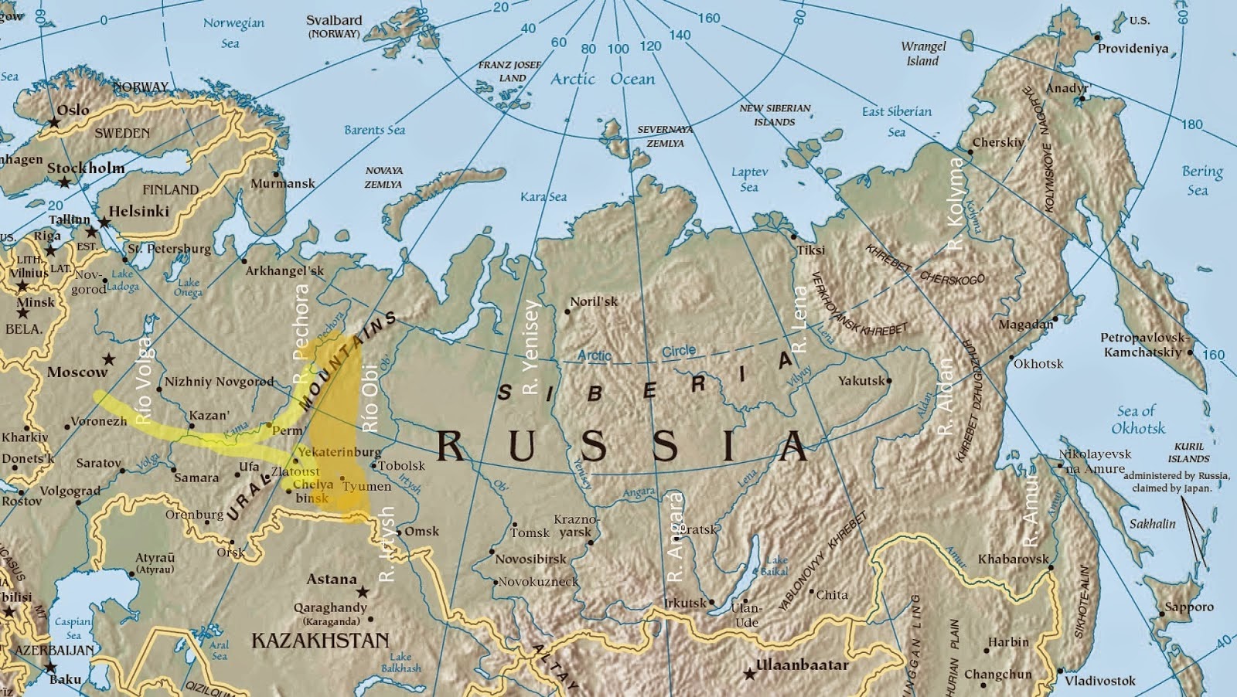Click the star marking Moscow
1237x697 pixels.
109,359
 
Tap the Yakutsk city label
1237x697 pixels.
861,381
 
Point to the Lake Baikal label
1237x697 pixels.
775,566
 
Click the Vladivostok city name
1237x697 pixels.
1099,681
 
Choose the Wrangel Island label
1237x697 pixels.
923,53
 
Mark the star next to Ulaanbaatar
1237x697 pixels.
749,674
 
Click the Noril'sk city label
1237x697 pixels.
594,301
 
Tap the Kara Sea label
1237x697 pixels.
544,197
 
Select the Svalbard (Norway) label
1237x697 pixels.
334,27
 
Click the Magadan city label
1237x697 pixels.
1025,325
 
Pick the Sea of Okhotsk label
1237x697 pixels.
1137,420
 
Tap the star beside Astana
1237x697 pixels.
362,591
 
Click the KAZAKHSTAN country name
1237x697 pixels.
320,641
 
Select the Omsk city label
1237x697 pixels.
421,531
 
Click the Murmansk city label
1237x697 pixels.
283,184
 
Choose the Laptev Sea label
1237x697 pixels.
749,179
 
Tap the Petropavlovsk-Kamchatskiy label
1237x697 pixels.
1143,345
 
